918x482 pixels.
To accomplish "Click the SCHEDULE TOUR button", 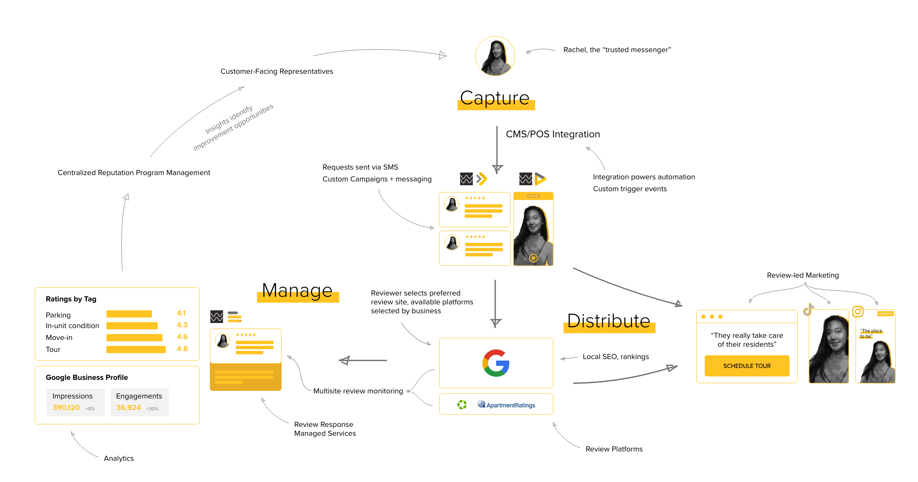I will tap(747, 366).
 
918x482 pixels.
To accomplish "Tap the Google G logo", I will tap(496, 363).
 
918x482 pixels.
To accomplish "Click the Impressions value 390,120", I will tap(66, 407).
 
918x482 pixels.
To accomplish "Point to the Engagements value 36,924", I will tap(128, 407).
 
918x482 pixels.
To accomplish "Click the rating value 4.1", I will tap(181, 313).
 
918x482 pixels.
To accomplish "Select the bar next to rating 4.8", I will tap(136, 349).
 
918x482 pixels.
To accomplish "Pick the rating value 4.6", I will tap(182, 337).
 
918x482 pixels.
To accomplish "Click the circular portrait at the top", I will tap(495, 56).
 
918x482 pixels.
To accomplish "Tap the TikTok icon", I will tap(808, 310).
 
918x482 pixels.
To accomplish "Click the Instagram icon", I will tap(857, 312).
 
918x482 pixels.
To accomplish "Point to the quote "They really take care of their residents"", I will tap(747, 340).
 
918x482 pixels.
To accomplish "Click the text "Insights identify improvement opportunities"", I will tap(233, 127).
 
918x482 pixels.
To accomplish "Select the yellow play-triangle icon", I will tap(540, 179).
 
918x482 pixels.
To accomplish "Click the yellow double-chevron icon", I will tap(482, 179).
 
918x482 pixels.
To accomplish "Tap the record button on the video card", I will tap(533, 258).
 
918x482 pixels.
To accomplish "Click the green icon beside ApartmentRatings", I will tap(462, 404).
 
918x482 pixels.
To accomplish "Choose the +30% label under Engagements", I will tap(152, 409).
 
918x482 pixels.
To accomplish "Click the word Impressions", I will tap(73, 396).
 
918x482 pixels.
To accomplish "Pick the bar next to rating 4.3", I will tap(132, 326).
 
